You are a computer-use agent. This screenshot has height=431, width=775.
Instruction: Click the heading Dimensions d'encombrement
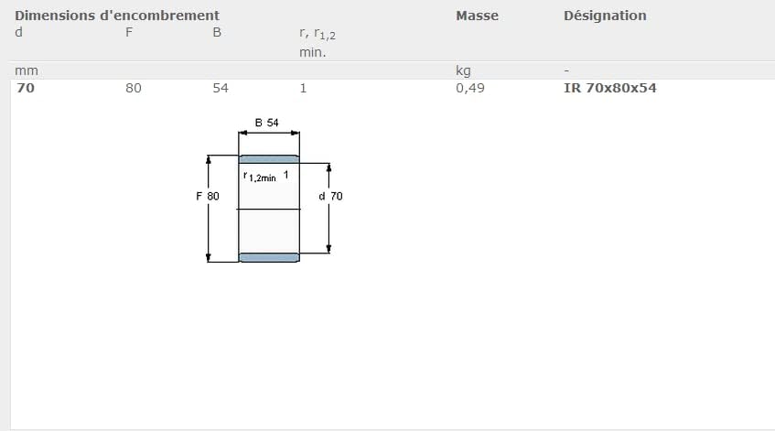pyautogui.click(x=117, y=16)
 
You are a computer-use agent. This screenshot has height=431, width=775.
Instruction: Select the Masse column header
pyautogui.click(x=477, y=16)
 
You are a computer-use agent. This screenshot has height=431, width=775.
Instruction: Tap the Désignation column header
pyautogui.click(x=605, y=16)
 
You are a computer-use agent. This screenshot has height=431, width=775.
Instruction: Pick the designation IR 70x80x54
pyautogui.click(x=610, y=88)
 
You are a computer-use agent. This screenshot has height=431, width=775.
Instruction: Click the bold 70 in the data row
pyautogui.click(x=26, y=88)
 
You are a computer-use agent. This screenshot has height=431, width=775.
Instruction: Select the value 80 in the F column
pyautogui.click(x=134, y=88)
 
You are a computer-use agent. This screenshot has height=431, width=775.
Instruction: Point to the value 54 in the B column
pyautogui.click(x=221, y=88)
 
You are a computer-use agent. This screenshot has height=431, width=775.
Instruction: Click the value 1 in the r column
pyautogui.click(x=303, y=88)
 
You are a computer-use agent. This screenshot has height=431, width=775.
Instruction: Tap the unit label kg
pyautogui.click(x=463, y=70)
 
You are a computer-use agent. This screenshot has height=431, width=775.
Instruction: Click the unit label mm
pyautogui.click(x=26, y=70)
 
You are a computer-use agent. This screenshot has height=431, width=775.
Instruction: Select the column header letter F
pyautogui.click(x=129, y=33)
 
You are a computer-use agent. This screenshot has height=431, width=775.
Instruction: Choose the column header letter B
pyautogui.click(x=217, y=33)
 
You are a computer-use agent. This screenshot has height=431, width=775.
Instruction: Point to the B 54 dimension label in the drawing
pyautogui.click(x=267, y=122)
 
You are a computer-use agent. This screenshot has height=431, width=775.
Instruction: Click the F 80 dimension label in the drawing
pyautogui.click(x=207, y=196)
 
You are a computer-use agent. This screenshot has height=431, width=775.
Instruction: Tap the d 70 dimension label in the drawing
pyautogui.click(x=330, y=196)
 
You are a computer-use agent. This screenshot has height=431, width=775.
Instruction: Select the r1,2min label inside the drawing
pyautogui.click(x=260, y=177)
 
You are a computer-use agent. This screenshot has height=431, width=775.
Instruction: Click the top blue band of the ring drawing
pyautogui.click(x=269, y=159)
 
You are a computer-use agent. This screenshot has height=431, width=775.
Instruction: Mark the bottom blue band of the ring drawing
pyautogui.click(x=269, y=257)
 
